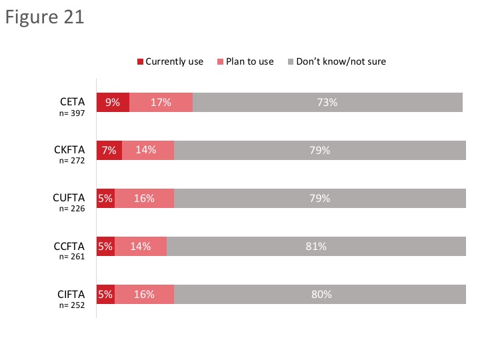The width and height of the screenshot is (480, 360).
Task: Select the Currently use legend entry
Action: pos(170,61)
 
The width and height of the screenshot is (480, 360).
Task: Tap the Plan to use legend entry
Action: pos(245,61)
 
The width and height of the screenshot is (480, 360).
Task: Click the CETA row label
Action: pos(71,102)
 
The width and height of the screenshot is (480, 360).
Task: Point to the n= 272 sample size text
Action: pos(71,161)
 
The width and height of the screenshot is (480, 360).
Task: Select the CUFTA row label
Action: pos(69,198)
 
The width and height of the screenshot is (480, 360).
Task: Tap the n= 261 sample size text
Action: pos(71,257)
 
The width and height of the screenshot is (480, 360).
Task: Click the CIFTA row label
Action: pos(70,294)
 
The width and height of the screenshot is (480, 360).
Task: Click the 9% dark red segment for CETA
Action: pos(113,103)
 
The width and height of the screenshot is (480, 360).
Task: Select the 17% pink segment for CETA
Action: pos(161,103)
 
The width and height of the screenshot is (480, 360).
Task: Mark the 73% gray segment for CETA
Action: pos(327,103)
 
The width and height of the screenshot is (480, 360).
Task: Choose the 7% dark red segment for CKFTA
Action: pos(109,151)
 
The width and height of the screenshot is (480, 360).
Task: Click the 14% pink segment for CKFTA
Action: pos(148,151)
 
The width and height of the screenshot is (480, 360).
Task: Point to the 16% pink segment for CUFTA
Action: pos(144,199)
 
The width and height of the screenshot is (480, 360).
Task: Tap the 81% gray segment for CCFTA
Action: pos(316,247)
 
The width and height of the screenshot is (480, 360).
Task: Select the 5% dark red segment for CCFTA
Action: pos(105,247)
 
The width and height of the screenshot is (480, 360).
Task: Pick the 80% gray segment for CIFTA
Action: pos(320,295)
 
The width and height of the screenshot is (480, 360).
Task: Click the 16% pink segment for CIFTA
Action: pos(144,295)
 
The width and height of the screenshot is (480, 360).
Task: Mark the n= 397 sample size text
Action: pos(71,113)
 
